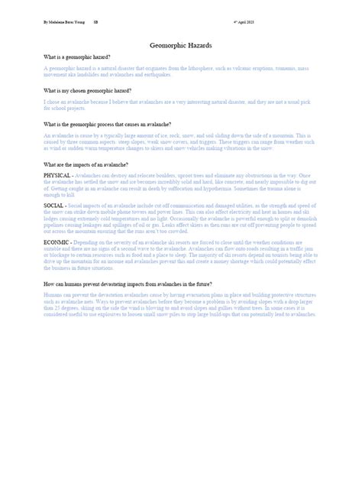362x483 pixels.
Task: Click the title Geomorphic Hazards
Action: (x=180, y=47)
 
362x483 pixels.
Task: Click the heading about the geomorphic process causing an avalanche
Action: (x=108, y=123)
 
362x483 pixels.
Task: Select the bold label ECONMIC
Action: (x=59, y=241)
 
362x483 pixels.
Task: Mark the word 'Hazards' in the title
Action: (x=202, y=47)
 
